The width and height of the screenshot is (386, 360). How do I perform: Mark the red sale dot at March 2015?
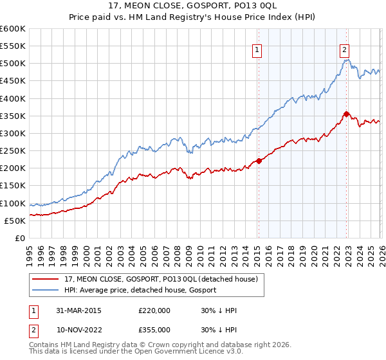[259, 161]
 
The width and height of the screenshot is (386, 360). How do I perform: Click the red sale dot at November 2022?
[346, 114]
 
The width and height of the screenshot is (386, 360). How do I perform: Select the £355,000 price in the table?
[154, 330]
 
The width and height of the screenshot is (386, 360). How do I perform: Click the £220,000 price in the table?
[154, 310]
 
